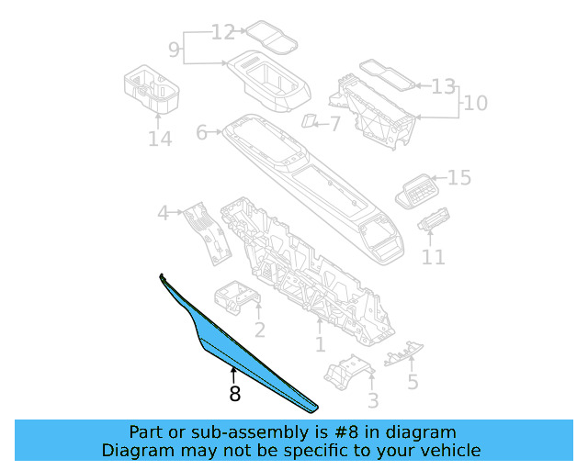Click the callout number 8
point(235,394)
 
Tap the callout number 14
point(159,139)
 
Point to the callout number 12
point(223,33)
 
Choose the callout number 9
point(174,48)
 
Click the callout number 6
point(202,133)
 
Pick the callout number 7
point(335,122)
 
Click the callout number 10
point(475,103)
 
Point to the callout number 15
point(458,177)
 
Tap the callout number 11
point(433,258)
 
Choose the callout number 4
point(164,214)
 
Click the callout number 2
point(260,330)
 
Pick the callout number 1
point(320,345)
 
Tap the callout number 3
point(372,400)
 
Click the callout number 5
point(413,382)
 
